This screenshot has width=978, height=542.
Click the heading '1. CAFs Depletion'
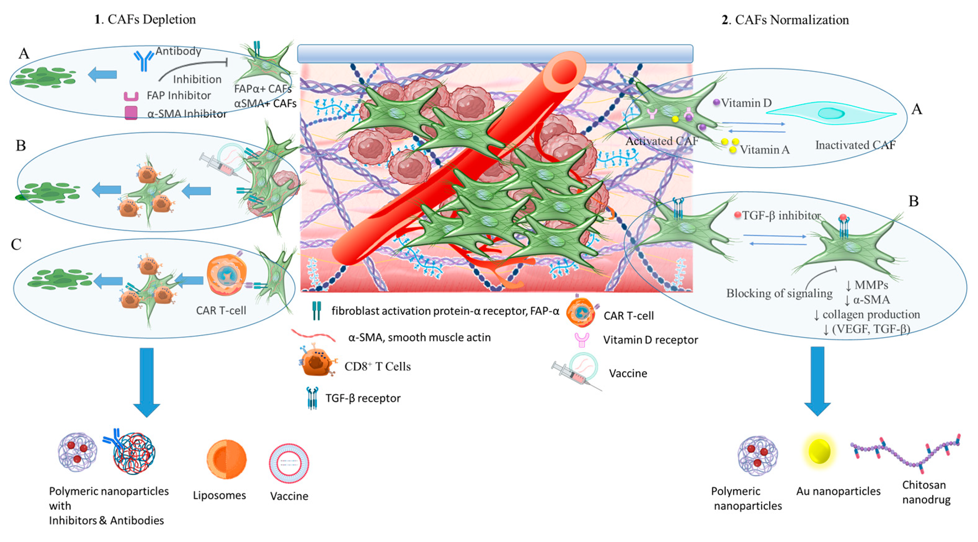pos(145,19)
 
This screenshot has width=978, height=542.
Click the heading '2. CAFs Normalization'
pos(785,20)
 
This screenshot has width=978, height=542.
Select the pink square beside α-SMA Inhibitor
pos(131,113)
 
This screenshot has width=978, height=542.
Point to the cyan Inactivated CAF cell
pos(831,113)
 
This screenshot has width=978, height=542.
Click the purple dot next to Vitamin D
pos(716,102)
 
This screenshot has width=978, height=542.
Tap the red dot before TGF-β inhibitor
pos(738,215)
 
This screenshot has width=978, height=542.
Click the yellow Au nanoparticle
pos(819,451)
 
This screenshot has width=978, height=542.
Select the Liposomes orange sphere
pos(226,459)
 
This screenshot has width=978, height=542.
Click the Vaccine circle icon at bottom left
pos(289,463)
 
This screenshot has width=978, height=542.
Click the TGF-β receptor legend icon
pos(312,398)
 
